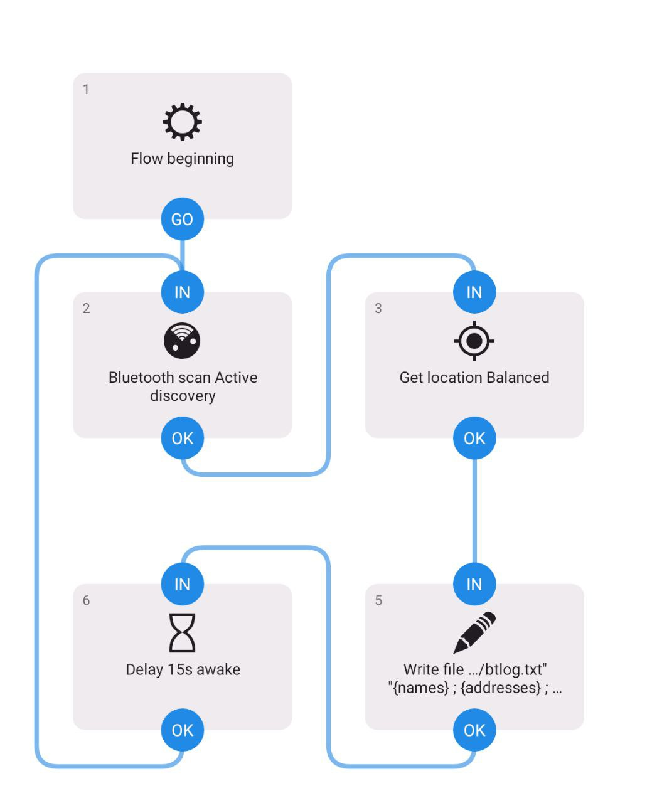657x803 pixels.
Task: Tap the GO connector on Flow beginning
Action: (x=182, y=219)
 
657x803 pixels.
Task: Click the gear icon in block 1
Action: (x=182, y=122)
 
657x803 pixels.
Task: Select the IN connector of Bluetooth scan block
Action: (x=182, y=292)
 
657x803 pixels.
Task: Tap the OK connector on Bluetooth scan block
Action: (x=182, y=438)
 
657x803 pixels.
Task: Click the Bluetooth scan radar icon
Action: (x=182, y=341)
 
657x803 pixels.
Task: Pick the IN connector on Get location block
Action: (x=474, y=292)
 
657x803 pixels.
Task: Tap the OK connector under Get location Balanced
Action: (x=474, y=438)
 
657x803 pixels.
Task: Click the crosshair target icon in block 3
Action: (x=474, y=341)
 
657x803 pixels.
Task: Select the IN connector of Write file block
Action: (x=474, y=584)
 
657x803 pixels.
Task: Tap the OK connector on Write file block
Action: (x=474, y=730)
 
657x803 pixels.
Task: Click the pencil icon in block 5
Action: (x=474, y=632)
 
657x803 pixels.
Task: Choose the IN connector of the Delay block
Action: (x=182, y=584)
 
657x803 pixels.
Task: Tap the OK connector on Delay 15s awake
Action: (x=182, y=730)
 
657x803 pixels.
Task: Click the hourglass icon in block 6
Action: (x=182, y=632)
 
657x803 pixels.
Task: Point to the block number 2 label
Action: (x=87, y=308)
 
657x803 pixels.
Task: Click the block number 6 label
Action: (x=87, y=600)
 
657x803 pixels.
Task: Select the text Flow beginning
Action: (x=182, y=159)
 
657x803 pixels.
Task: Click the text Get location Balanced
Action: (x=474, y=378)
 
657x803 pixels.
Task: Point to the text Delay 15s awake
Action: (x=183, y=669)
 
